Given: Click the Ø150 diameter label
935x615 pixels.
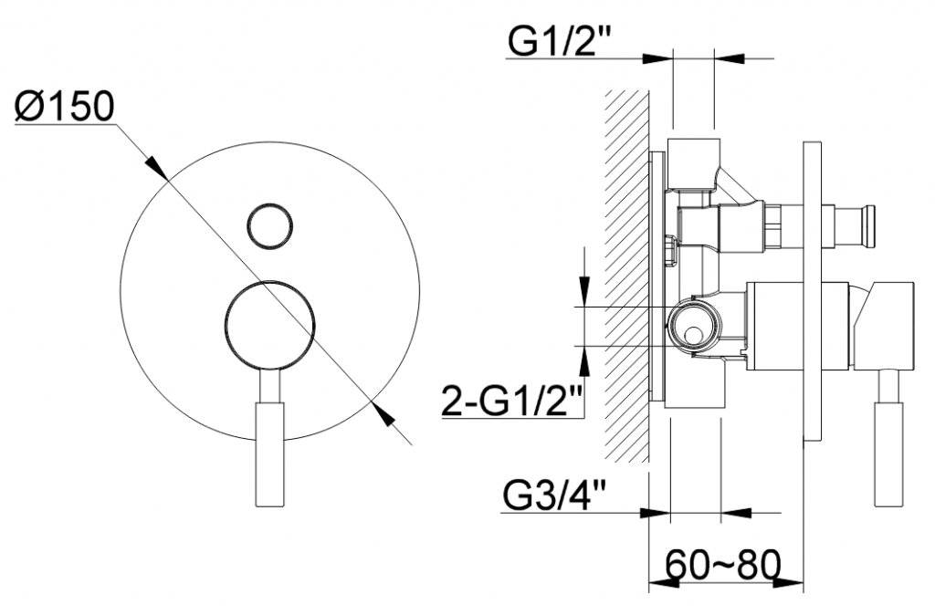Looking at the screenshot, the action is point(65,108).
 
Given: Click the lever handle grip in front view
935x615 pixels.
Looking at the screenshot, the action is point(269,454).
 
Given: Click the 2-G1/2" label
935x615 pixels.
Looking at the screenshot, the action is point(512,401).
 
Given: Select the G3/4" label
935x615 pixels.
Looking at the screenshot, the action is point(553,495).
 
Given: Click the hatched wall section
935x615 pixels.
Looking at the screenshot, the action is point(626,276).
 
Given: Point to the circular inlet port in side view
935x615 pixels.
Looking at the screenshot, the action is point(694,327).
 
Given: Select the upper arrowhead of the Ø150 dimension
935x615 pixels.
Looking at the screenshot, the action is point(156,169).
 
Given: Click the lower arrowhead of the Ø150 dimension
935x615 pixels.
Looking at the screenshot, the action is point(383,414).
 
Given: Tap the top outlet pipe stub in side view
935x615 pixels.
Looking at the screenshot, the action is point(693,163).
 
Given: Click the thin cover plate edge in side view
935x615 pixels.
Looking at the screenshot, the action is point(813,291).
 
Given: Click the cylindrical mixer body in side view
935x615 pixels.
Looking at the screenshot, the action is point(798,326).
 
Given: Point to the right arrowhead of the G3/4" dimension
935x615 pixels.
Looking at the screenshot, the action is point(736,513).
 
